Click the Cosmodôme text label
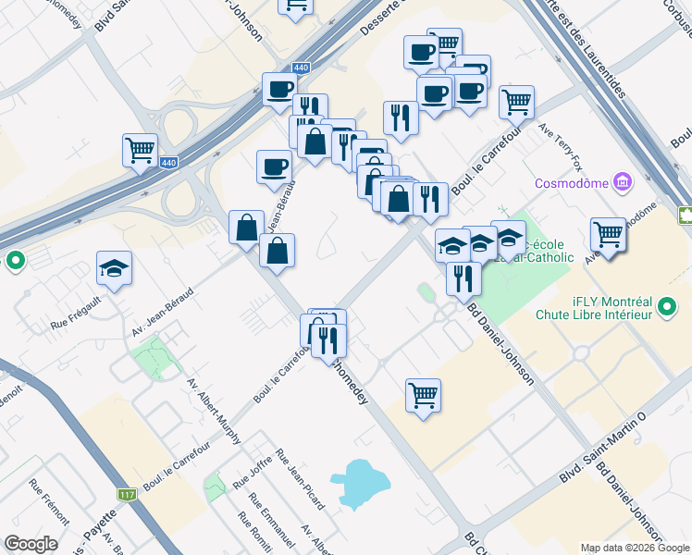(573, 183)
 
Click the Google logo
(31, 544)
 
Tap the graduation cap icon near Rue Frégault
(115, 267)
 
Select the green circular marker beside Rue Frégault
(14, 261)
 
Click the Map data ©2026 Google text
(636, 548)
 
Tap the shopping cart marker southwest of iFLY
(423, 395)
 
